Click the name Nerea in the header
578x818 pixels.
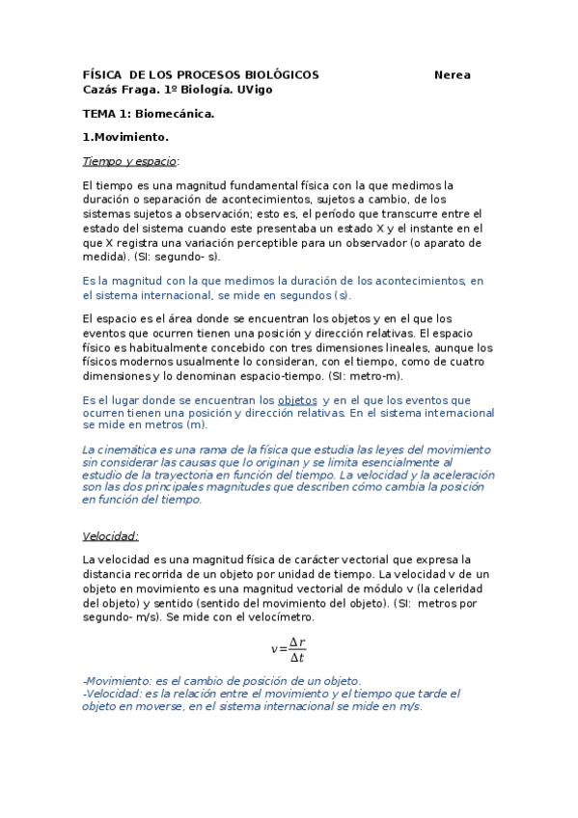(x=453, y=75)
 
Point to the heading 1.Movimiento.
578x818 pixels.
(x=125, y=137)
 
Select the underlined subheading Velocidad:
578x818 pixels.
(x=111, y=535)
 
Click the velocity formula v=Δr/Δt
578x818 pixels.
(x=289, y=649)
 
